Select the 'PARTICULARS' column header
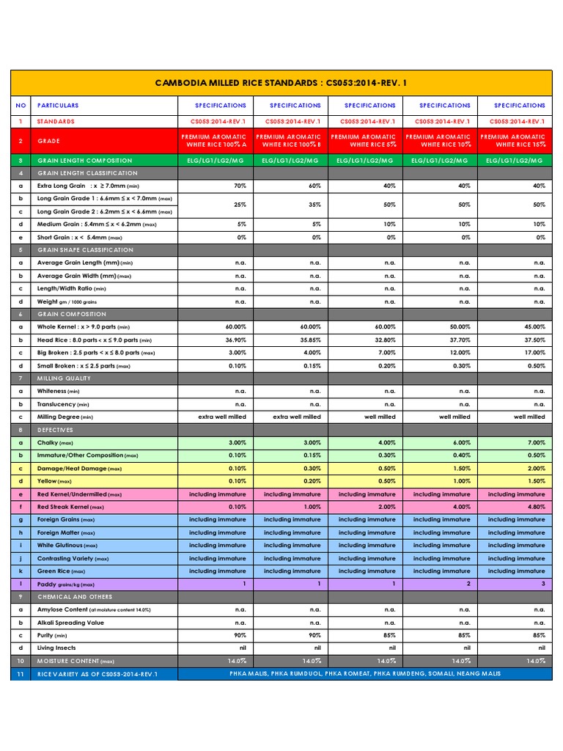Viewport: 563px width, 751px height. pos(58,106)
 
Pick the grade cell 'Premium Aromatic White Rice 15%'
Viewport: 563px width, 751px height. pos(513,140)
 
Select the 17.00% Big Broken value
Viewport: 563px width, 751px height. pos(534,353)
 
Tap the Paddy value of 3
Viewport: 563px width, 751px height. pos(542,584)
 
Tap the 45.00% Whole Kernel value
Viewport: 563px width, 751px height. pos(534,327)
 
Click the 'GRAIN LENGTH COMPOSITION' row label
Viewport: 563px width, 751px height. pos(84,161)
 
